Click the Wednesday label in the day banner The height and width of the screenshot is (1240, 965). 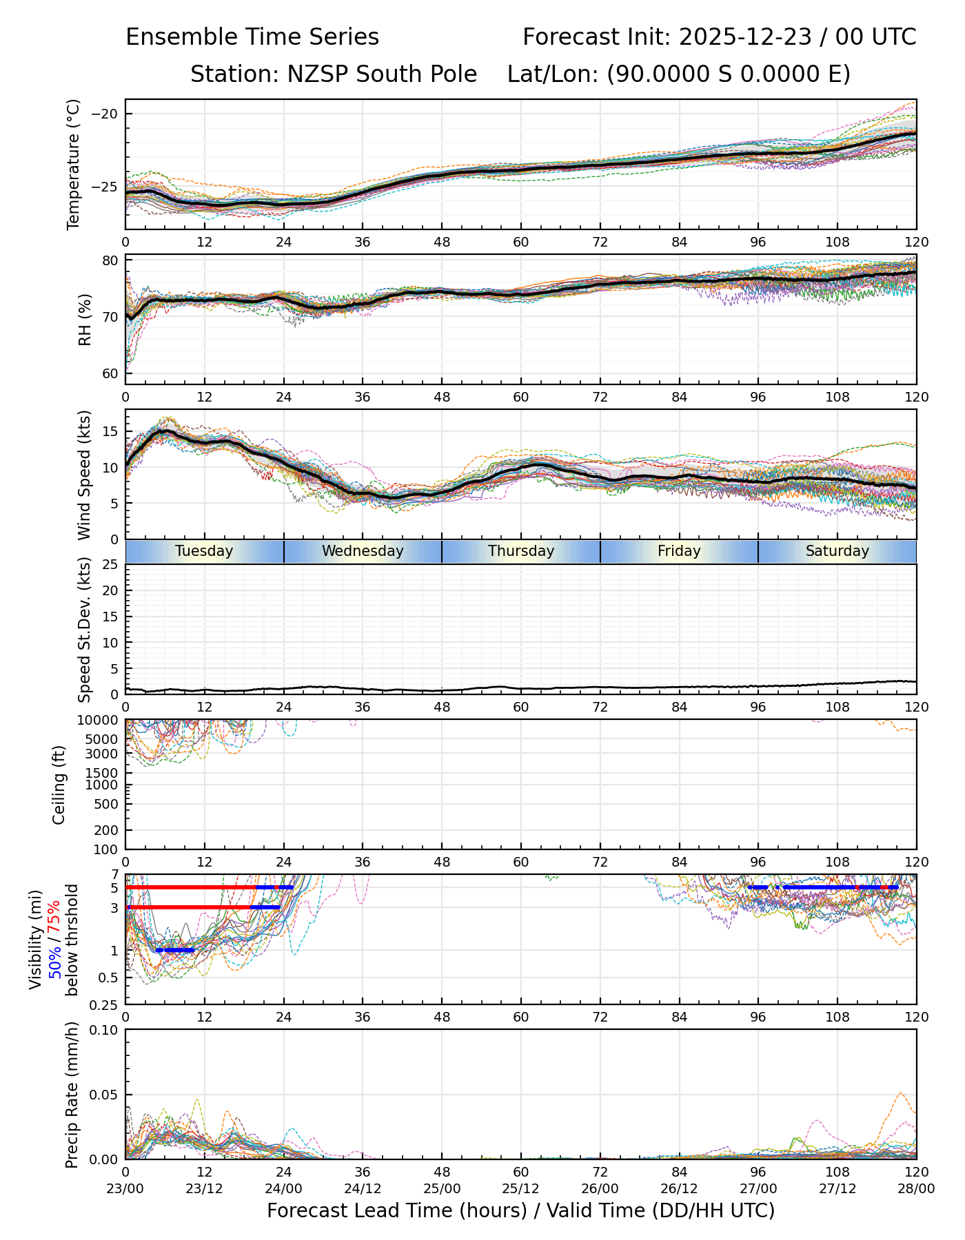click(x=363, y=551)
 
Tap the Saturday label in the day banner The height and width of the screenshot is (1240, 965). click(x=837, y=551)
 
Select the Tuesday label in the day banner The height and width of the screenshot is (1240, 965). click(x=204, y=551)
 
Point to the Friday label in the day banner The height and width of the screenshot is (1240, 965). click(x=679, y=551)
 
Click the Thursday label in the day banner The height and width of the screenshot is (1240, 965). click(x=521, y=551)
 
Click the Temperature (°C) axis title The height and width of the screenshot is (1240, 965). click(x=74, y=164)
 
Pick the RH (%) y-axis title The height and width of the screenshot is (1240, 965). click(x=85, y=320)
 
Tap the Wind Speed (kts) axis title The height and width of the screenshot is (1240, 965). click(x=84, y=475)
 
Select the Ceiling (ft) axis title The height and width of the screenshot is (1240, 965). click(x=59, y=785)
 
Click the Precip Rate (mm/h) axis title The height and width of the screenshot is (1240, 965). click(x=72, y=1095)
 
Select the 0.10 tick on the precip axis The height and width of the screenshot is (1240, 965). click(x=103, y=1030)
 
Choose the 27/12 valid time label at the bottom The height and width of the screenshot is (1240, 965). click(x=837, y=1189)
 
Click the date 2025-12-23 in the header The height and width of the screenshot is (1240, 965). click(x=747, y=37)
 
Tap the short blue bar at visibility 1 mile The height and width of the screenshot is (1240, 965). click(x=175, y=951)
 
